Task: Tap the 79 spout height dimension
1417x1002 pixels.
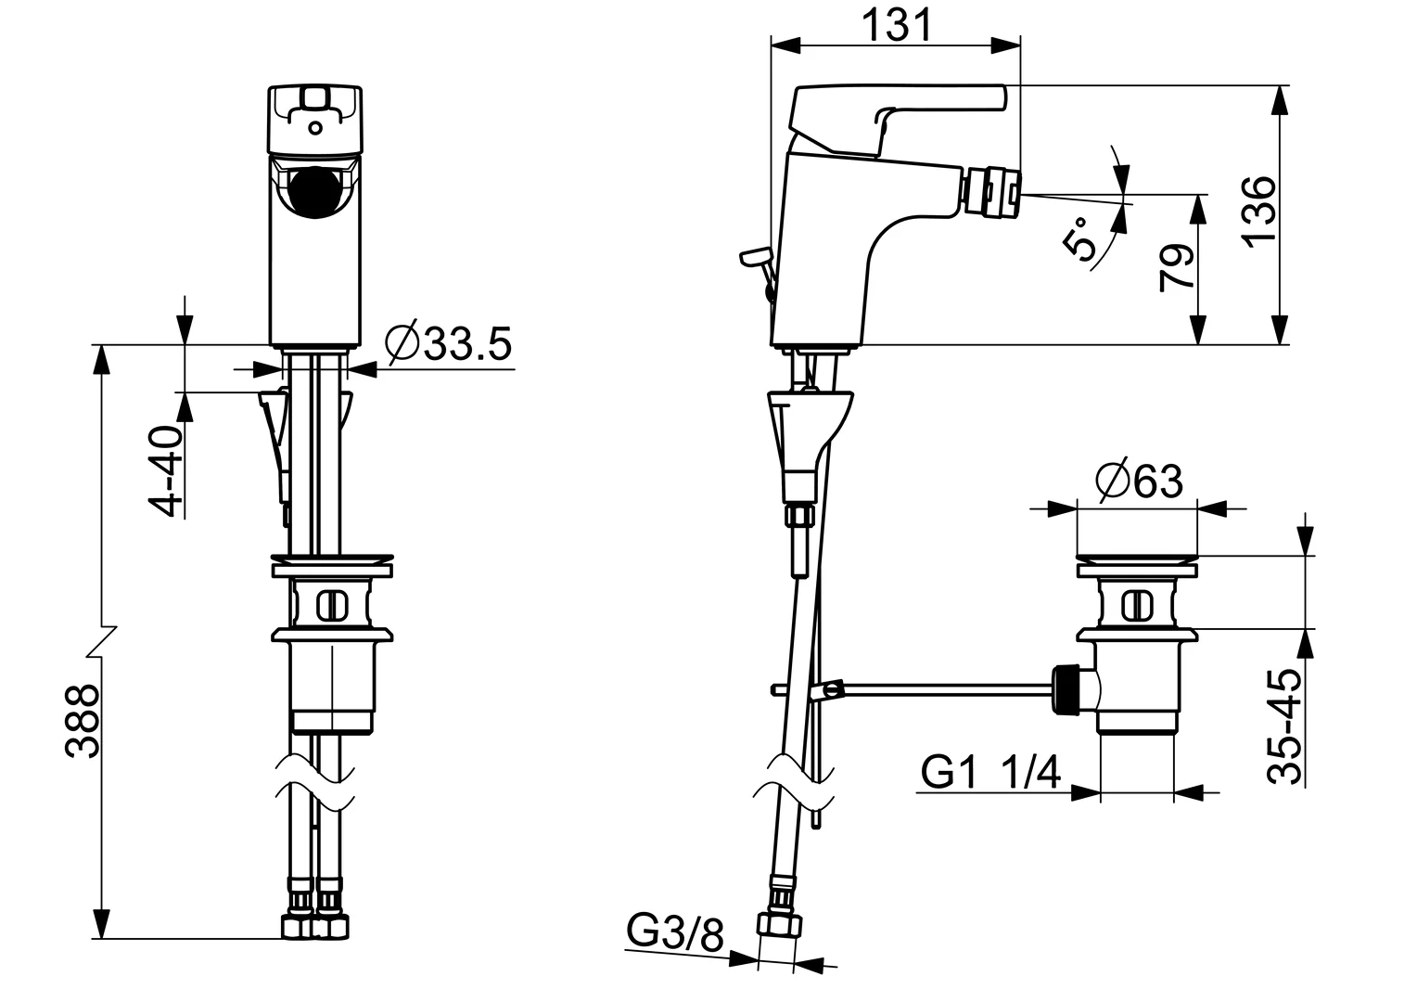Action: tap(1177, 268)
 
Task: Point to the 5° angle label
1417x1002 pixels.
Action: tap(1081, 239)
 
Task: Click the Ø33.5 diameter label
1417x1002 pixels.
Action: tap(449, 345)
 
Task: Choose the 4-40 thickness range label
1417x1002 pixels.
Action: tap(166, 471)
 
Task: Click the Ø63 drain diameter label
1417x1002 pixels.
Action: tap(1139, 481)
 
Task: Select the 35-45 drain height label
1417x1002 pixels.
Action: tap(1285, 726)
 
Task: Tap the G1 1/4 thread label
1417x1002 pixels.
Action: tap(990, 771)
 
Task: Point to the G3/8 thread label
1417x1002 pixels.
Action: tap(675, 932)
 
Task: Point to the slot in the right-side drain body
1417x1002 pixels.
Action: tap(1137, 606)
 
